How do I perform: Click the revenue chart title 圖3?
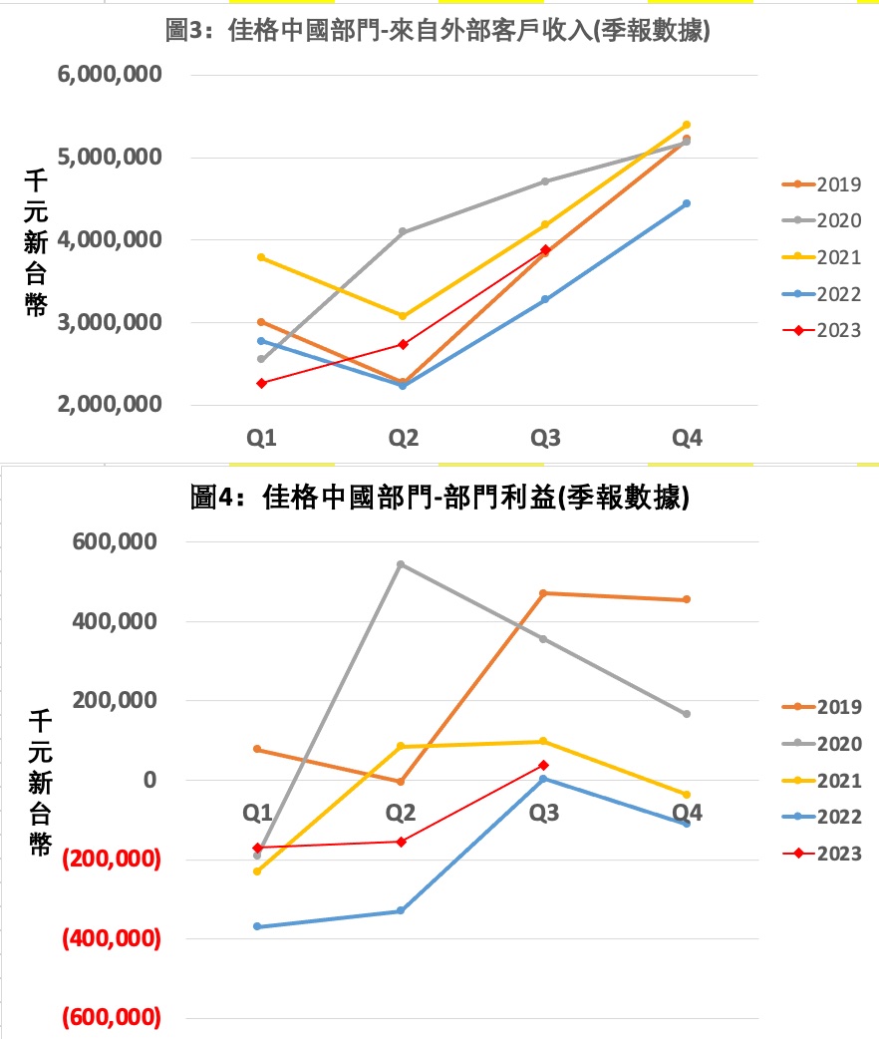click(439, 31)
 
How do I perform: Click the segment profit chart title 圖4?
click(439, 498)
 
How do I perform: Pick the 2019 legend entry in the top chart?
click(822, 184)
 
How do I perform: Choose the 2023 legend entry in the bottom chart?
click(822, 854)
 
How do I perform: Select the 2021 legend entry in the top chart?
click(822, 257)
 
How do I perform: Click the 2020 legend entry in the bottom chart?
click(822, 744)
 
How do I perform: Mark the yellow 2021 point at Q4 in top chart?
click(687, 125)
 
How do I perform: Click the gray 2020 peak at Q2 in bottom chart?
click(401, 564)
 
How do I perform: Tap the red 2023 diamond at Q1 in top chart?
click(261, 383)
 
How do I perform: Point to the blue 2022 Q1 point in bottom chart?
click(257, 926)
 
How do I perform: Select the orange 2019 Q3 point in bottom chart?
click(544, 593)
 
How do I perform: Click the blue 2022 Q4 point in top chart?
click(687, 203)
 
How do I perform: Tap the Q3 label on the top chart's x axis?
click(544, 438)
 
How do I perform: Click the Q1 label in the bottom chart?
click(257, 813)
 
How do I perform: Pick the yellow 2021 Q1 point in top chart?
click(261, 257)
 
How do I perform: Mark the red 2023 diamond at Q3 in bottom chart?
click(544, 765)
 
